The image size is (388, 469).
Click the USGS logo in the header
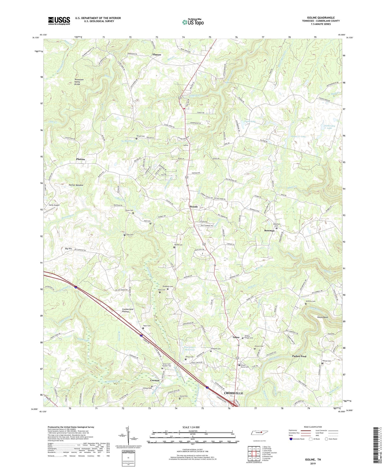point(59,21)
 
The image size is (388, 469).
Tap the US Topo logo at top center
point(193,22)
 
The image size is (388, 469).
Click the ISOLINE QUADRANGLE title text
point(321,18)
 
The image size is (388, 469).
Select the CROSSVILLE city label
point(233,393)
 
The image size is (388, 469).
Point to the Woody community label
point(194,207)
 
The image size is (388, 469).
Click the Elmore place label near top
point(157,55)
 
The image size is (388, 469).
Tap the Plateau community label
point(81,159)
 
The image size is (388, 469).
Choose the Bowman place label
point(269,231)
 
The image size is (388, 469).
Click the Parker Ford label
point(299,356)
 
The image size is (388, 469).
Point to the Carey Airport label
point(54,205)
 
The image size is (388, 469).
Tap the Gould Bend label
point(322,317)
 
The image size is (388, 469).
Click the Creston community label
point(155,380)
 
